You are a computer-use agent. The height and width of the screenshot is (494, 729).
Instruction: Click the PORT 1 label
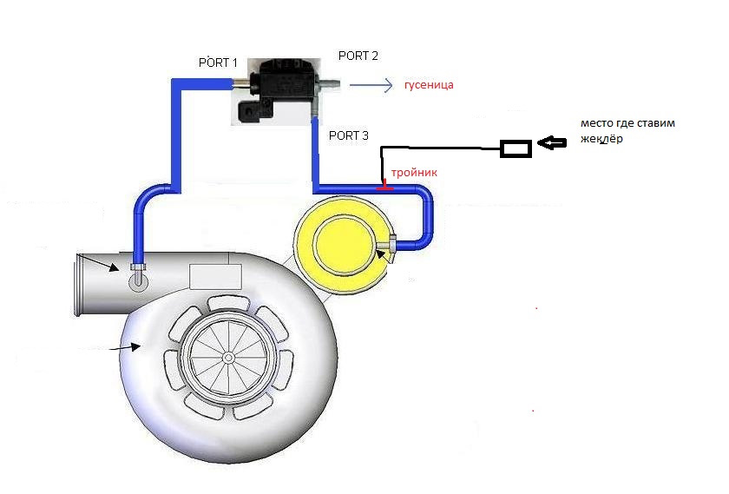pos(218,63)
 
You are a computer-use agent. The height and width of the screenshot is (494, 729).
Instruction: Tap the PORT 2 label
pos(358,56)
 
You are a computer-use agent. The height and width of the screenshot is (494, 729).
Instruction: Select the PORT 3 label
pos(348,135)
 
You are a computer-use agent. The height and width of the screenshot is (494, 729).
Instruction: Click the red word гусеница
pos(429,85)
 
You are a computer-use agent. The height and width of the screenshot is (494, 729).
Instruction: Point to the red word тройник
pos(414,173)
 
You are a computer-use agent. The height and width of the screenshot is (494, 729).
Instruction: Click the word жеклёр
pos(601,139)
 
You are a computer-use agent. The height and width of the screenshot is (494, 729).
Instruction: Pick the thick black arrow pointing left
pos(552,142)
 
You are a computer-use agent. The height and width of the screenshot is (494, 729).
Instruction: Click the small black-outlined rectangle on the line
pos(516,148)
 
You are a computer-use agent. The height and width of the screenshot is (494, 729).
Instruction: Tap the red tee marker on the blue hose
pos(384,186)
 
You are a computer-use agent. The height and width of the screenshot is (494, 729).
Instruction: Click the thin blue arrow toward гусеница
pos(371,85)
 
